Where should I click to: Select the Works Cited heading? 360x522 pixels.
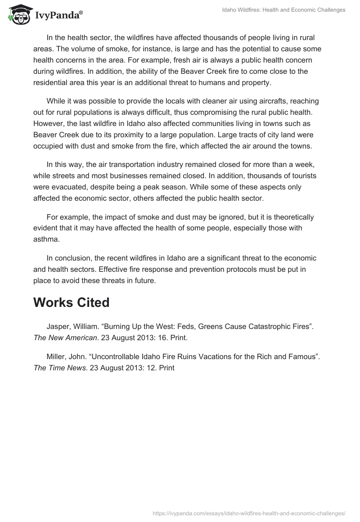(71, 302)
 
